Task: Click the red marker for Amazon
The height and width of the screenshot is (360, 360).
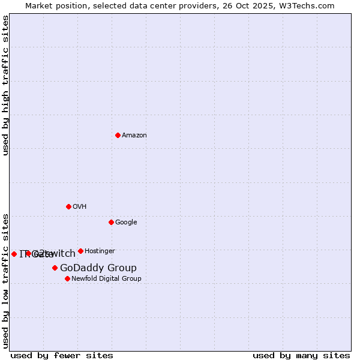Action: [118, 135]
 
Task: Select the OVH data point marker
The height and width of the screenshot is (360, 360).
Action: [68, 206]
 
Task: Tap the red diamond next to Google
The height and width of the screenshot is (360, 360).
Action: [111, 222]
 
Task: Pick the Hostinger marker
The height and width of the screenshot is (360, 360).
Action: [80, 251]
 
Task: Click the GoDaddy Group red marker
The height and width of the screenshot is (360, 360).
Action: [55, 268]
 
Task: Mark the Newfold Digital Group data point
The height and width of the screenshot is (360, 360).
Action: [67, 278]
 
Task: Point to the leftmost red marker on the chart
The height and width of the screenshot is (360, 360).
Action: [14, 254]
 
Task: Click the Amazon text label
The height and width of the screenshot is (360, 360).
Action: [134, 135]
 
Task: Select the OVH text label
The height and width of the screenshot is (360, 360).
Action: [80, 206]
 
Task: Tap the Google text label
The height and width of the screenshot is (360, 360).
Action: [126, 222]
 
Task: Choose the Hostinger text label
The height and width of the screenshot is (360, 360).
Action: [100, 251]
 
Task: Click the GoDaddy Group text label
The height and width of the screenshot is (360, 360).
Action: [98, 268]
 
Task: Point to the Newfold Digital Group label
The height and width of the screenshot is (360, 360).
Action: [106, 278]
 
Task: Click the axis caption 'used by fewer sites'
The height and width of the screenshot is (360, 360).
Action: [62, 355]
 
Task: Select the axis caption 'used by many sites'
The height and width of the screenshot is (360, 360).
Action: [301, 355]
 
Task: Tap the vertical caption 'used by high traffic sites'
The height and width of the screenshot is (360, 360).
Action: [5, 85]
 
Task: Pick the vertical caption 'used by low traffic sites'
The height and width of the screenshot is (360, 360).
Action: [5, 280]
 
